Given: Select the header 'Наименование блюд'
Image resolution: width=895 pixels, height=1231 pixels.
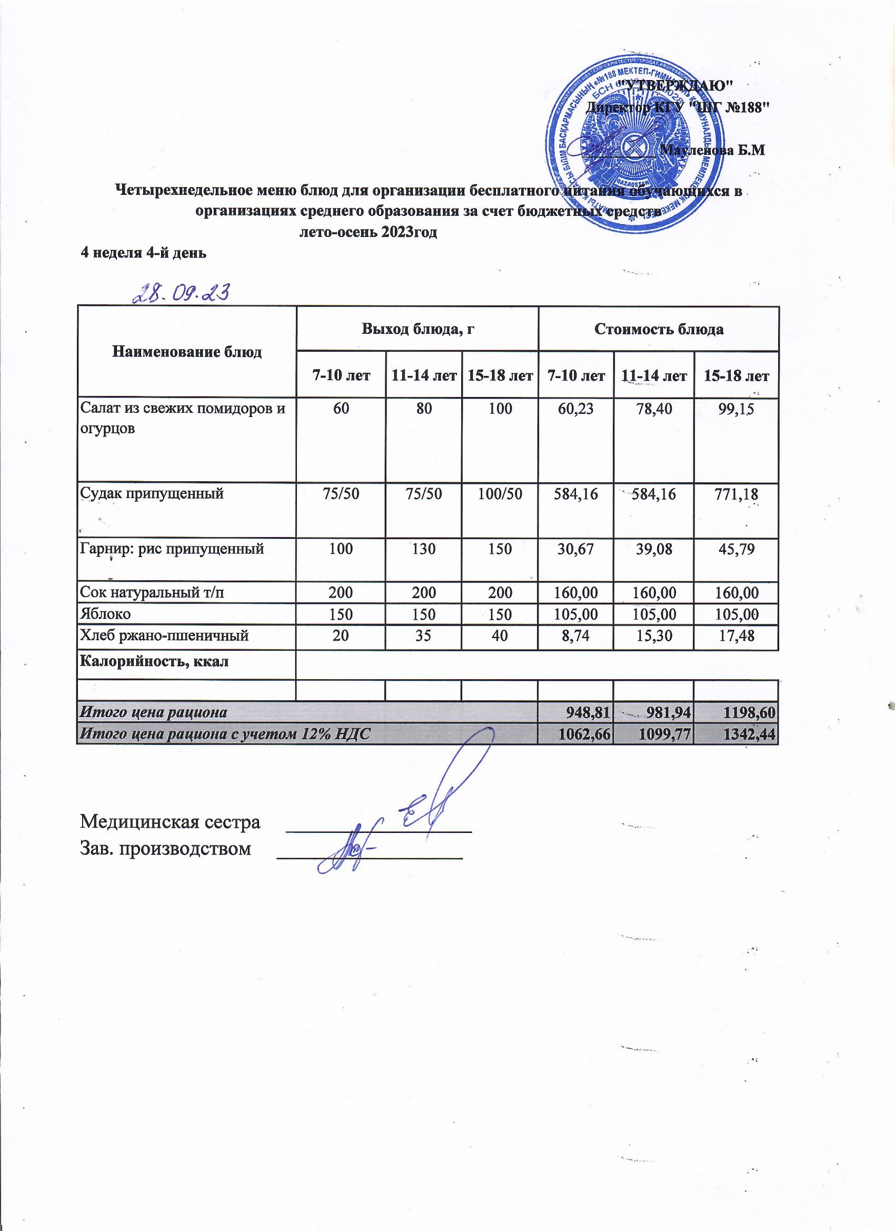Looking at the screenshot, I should [187, 352].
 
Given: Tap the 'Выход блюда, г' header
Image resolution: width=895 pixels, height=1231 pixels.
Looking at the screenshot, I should [417, 329].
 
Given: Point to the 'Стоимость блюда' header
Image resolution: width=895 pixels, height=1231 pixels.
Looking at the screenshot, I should [659, 329].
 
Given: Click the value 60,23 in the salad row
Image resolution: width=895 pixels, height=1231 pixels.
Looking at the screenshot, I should [575, 409].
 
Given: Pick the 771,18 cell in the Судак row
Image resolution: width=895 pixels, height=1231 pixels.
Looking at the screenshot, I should [736, 493].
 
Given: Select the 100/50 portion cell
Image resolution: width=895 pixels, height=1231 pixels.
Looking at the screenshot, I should [499, 493].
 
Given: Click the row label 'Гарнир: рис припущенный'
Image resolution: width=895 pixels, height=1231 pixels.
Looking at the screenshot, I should [172, 548].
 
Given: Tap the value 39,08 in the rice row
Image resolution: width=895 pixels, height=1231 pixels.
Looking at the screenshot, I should [654, 548].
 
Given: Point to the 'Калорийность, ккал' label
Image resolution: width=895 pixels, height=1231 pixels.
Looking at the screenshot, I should [154, 661].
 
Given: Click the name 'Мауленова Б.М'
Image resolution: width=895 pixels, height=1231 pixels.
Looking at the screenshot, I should [714, 151].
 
